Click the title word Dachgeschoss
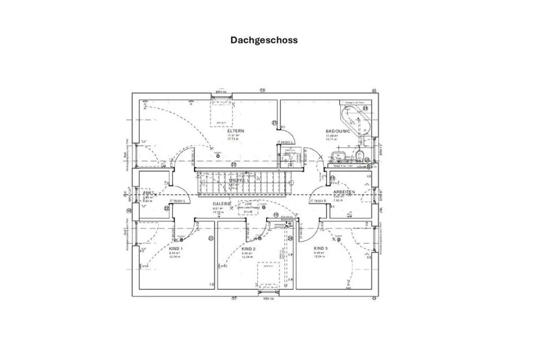click(264, 40)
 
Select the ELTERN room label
click(235, 131)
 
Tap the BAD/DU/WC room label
click(337, 132)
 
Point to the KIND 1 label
click(176, 249)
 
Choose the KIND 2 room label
click(248, 249)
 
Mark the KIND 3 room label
click(321, 249)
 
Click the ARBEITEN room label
click(344, 191)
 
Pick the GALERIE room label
click(221, 204)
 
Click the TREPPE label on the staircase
click(236, 181)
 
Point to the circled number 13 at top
click(263, 90)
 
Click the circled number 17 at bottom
click(234, 299)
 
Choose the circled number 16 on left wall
click(129, 210)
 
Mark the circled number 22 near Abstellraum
click(167, 208)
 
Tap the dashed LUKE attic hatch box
click(248, 208)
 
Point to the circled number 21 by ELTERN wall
click(274, 123)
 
